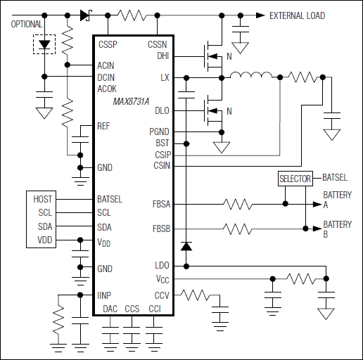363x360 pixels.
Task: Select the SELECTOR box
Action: (x=295, y=179)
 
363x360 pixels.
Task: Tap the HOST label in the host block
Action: (x=43, y=199)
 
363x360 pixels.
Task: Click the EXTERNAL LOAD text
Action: (x=298, y=15)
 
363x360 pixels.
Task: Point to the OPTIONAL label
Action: (x=27, y=25)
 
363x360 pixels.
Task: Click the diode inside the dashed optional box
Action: (x=46, y=44)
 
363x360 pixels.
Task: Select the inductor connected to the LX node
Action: (x=250, y=76)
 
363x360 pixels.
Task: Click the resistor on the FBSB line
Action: (x=238, y=229)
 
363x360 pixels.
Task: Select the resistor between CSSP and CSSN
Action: (x=132, y=15)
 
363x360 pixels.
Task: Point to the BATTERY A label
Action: (x=337, y=200)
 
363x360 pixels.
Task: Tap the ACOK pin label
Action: (x=108, y=89)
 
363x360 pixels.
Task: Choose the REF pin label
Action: (x=104, y=126)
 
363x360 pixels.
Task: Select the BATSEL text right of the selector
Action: (x=335, y=178)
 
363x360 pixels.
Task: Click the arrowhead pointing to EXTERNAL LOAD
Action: (x=260, y=15)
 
